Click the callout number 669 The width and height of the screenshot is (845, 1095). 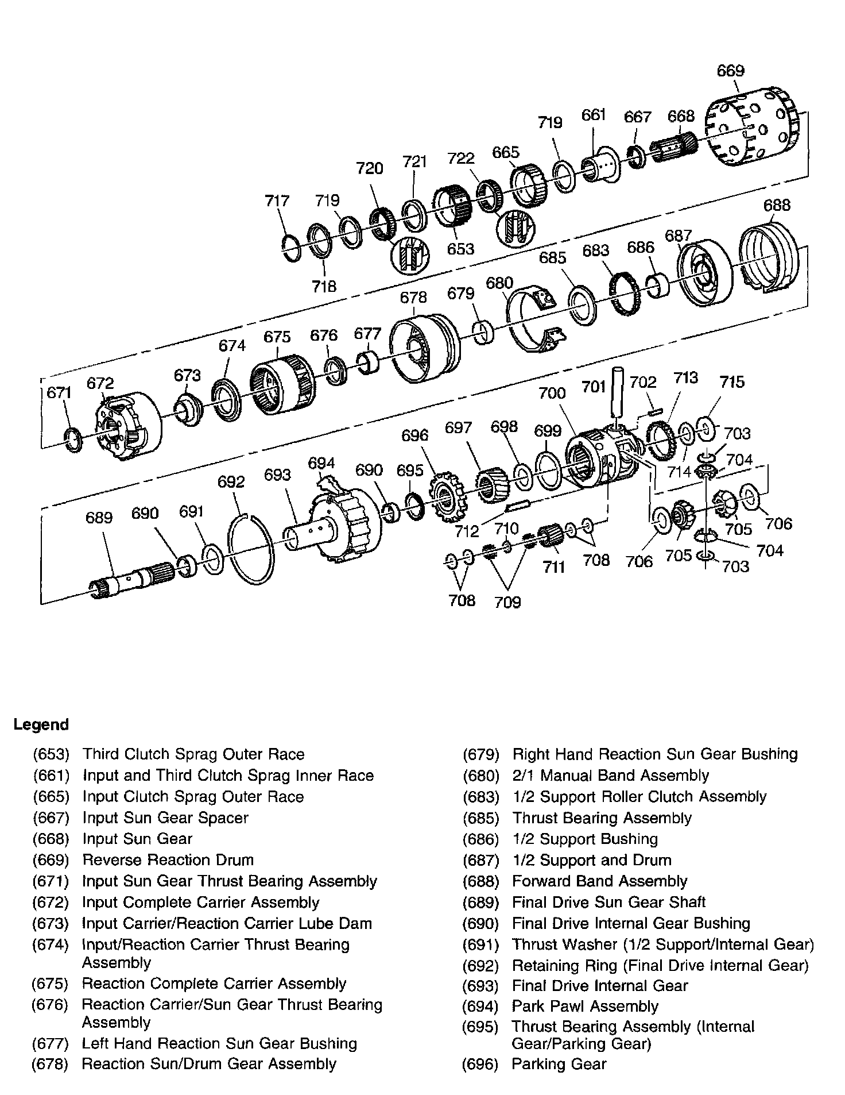point(730,71)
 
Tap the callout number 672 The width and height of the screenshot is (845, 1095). point(100,383)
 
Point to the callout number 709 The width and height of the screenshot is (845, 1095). point(507,602)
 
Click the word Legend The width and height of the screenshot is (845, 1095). point(41,724)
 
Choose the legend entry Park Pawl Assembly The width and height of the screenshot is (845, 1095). point(585,1006)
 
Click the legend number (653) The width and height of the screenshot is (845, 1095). point(51,754)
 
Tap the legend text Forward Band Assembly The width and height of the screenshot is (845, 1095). point(599,881)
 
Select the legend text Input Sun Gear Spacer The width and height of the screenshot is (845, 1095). point(165,818)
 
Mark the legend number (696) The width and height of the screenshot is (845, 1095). point(480,1064)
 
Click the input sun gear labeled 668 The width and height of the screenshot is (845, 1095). point(675,148)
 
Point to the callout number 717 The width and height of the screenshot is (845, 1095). point(277,201)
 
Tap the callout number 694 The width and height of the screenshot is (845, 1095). point(321,463)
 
